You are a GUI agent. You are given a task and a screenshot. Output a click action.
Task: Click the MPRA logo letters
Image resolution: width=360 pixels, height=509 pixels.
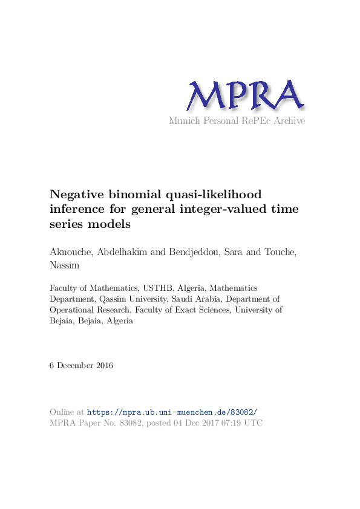click(x=244, y=96)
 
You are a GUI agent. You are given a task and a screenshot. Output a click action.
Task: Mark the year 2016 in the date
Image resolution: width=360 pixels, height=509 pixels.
click(x=103, y=366)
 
